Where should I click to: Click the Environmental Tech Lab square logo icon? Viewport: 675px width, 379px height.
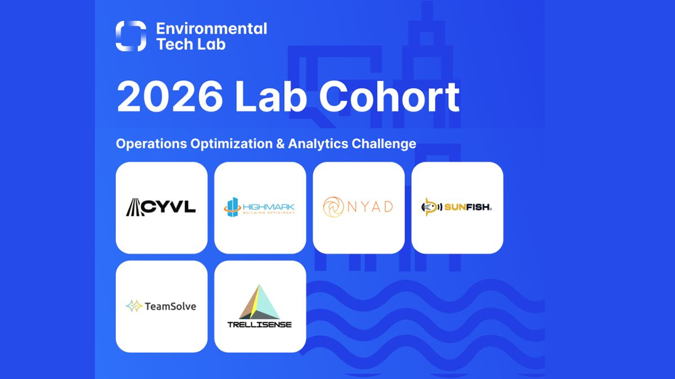(131, 36)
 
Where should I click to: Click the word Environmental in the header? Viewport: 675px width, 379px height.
(211, 29)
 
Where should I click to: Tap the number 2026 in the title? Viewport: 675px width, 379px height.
(170, 97)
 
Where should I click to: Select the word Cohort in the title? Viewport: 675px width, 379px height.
(389, 97)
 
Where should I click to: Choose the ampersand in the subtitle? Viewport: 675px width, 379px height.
(279, 144)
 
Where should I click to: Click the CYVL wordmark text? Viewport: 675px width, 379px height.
(168, 207)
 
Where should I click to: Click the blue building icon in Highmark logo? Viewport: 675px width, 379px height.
(233, 207)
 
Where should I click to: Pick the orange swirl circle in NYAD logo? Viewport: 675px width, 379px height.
(333, 207)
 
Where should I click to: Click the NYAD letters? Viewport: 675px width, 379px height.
(370, 207)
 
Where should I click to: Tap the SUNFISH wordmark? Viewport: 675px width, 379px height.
(467, 207)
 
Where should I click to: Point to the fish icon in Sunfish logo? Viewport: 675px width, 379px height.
(430, 207)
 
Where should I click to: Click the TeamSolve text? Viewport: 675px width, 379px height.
(170, 306)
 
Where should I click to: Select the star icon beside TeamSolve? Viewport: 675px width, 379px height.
(134, 306)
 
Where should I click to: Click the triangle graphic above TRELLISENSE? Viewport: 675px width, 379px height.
(259, 302)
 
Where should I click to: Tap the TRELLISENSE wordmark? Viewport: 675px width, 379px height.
(259, 325)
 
